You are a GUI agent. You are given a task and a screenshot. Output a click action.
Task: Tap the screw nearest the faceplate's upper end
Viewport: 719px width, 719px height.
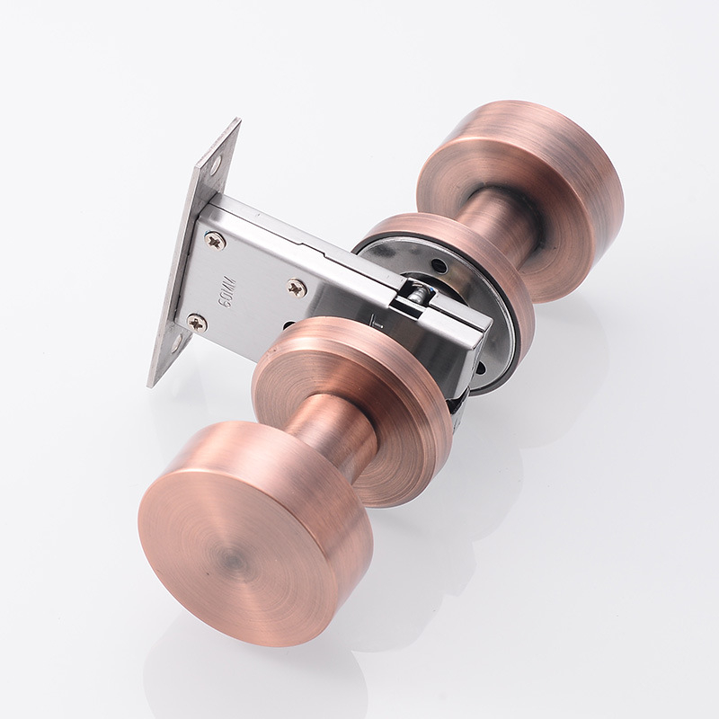point(215,240)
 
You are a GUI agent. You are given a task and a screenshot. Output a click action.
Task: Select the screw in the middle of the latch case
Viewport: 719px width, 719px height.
point(297,288)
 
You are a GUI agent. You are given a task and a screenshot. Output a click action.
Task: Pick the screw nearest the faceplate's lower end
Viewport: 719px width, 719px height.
point(198,323)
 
